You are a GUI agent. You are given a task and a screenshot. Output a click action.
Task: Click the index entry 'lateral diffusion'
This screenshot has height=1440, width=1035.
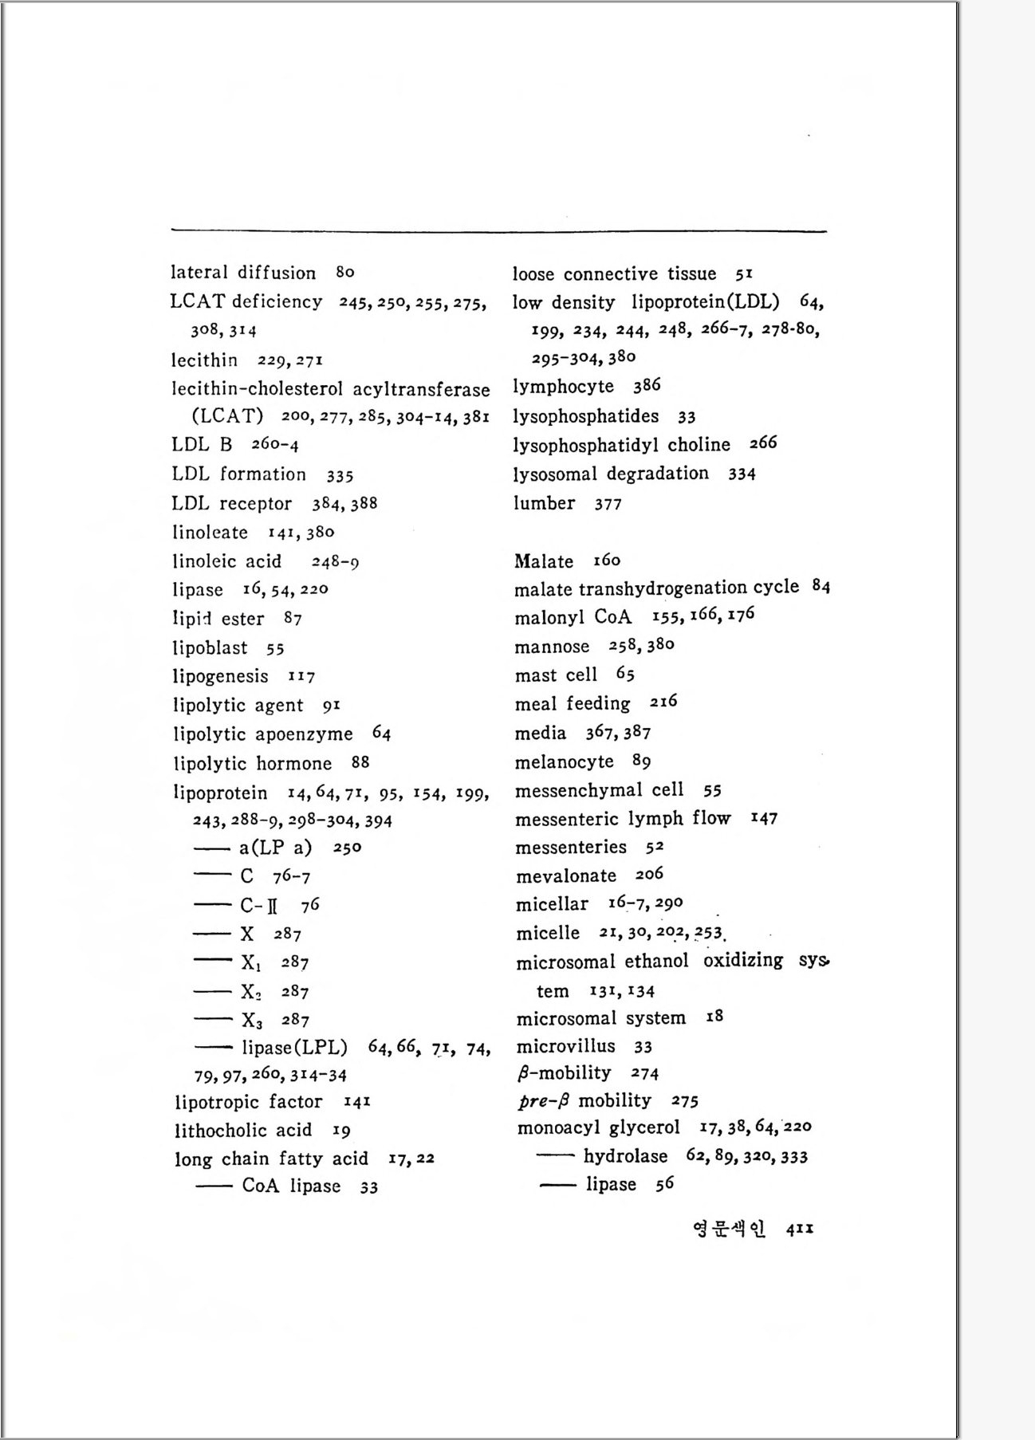pyautogui.click(x=243, y=273)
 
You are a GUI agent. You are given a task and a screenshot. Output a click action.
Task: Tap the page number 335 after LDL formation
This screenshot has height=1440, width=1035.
pyautogui.click(x=340, y=476)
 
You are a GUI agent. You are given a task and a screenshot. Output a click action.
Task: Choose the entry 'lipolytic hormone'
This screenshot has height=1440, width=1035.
pyautogui.click(x=252, y=764)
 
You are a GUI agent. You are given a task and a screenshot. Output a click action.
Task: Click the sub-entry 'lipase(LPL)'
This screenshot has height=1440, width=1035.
pyautogui.click(x=294, y=1048)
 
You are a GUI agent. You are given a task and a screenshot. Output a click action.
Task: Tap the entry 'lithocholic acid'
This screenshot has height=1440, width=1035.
pyautogui.click(x=243, y=1131)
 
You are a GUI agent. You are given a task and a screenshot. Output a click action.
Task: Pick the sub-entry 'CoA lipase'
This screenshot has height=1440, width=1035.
pyautogui.click(x=291, y=1186)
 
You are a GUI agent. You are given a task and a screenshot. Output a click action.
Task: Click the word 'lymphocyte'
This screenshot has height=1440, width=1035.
pyautogui.click(x=563, y=387)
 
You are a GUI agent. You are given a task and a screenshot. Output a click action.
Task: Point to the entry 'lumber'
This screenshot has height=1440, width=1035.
pyautogui.click(x=544, y=503)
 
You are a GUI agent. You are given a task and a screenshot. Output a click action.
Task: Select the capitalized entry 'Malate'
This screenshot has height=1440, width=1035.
pyautogui.click(x=544, y=561)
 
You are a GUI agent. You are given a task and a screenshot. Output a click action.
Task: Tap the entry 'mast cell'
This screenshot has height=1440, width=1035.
pyautogui.click(x=556, y=675)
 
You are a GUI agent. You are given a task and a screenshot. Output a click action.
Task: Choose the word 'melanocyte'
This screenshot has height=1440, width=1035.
pyautogui.click(x=564, y=762)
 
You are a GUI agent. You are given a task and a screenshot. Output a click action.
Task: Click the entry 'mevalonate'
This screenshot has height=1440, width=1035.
pyautogui.click(x=566, y=876)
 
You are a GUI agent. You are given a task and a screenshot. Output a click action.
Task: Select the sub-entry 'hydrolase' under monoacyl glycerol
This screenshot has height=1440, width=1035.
pyautogui.click(x=625, y=1156)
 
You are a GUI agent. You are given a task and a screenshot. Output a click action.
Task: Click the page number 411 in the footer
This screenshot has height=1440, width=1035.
pyautogui.click(x=799, y=1230)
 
